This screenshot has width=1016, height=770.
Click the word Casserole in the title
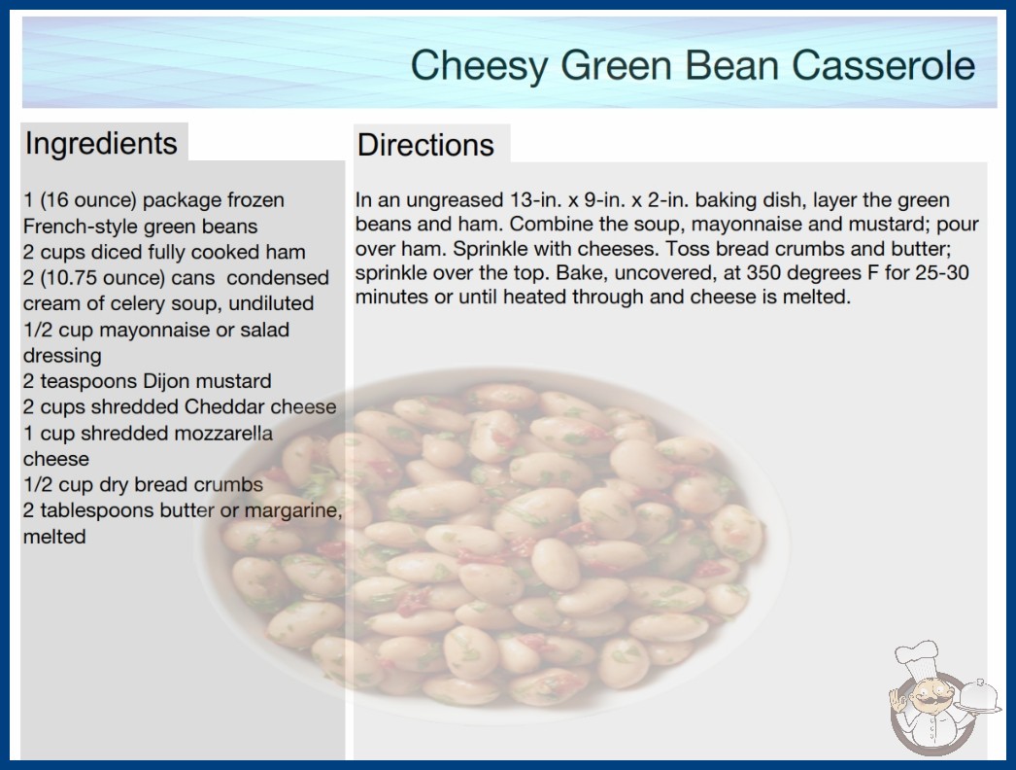[883, 65]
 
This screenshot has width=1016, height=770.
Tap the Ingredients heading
[101, 144]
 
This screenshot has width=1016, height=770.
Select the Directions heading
[425, 145]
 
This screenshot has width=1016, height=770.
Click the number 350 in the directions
[763, 272]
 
